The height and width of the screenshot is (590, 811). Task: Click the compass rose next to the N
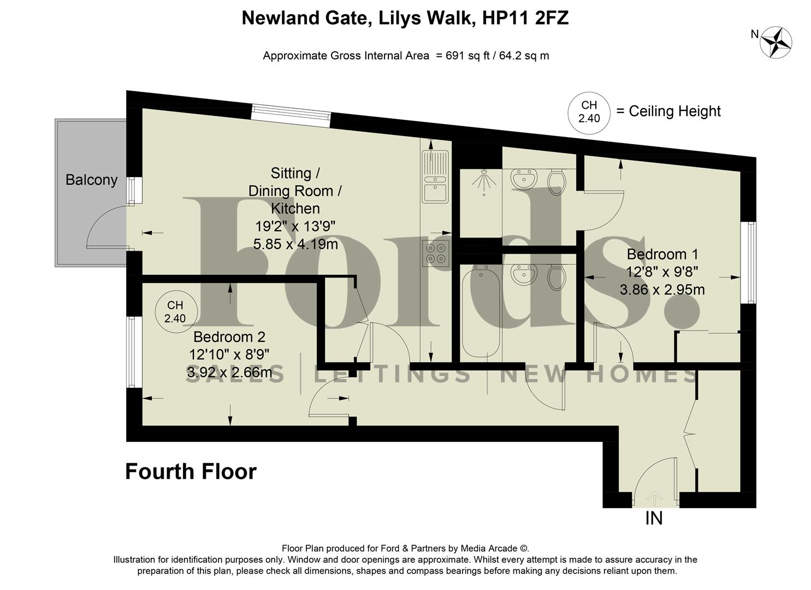pyautogui.click(x=777, y=42)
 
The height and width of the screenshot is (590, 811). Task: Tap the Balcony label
pyautogui.click(x=91, y=180)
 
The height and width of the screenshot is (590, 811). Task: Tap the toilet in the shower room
pyautogui.click(x=556, y=181)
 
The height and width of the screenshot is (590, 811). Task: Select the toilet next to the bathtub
pyautogui.click(x=556, y=277)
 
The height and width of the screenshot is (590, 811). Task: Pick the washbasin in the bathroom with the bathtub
pyautogui.click(x=524, y=275)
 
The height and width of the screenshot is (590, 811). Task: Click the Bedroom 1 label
pyautogui.click(x=662, y=254)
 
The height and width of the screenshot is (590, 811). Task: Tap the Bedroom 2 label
pyautogui.click(x=229, y=337)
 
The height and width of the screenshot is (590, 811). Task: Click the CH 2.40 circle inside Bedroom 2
pyautogui.click(x=175, y=312)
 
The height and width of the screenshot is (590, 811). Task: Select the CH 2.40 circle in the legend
pyautogui.click(x=589, y=112)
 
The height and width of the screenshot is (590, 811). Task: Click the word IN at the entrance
pyautogui.click(x=654, y=518)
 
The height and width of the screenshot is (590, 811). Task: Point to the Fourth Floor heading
pyautogui.click(x=191, y=471)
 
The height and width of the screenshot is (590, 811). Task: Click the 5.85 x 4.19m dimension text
pyautogui.click(x=295, y=244)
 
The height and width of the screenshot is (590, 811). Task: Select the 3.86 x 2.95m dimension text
pyautogui.click(x=662, y=290)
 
